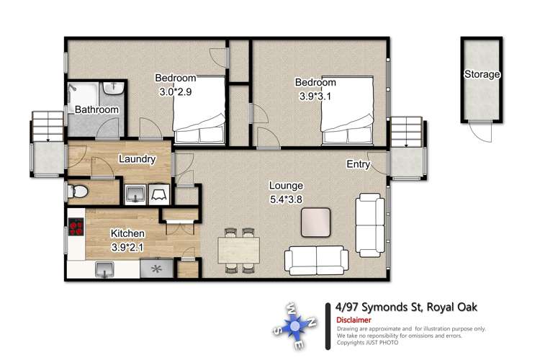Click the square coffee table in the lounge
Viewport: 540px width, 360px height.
coord(316,222)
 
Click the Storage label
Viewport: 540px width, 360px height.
coord(482,74)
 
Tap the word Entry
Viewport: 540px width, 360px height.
coord(358,165)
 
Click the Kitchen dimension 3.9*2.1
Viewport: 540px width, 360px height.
coord(127,246)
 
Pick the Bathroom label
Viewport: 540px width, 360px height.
coord(96,109)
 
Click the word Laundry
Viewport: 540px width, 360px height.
coord(137,159)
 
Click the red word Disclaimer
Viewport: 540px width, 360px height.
coord(354,320)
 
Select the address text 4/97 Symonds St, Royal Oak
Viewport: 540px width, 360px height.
coord(406,307)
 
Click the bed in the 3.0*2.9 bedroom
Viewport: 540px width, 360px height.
coord(202,112)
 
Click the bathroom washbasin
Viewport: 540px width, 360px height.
coord(114,90)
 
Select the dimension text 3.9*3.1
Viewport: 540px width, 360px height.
coord(317,95)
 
